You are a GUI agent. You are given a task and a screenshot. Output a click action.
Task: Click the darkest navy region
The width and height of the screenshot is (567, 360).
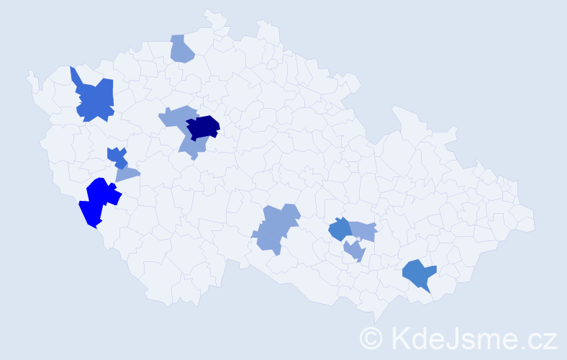pos(203,127)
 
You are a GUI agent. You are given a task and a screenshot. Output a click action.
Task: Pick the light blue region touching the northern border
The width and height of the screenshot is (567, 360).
pos(182,49)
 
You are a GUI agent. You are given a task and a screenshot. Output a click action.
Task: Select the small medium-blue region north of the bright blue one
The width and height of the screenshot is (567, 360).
pos(116,156)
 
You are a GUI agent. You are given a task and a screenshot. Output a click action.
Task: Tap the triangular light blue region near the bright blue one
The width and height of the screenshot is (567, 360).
pos(126,174)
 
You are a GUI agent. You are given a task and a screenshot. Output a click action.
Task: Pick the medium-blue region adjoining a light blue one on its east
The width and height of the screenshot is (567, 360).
pos(339,230)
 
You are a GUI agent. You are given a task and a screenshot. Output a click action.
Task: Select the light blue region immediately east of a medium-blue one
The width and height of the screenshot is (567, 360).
pos(363,230)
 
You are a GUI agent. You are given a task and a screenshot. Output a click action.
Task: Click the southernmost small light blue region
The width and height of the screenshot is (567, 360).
pos(354,251)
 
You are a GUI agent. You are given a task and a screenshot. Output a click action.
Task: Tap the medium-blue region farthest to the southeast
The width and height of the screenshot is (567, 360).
pos(419,274)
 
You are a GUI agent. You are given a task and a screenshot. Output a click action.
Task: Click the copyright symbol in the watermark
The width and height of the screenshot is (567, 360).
pos(371,338)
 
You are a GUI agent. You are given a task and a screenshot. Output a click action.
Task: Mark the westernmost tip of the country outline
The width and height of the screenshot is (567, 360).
pos(29,72)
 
